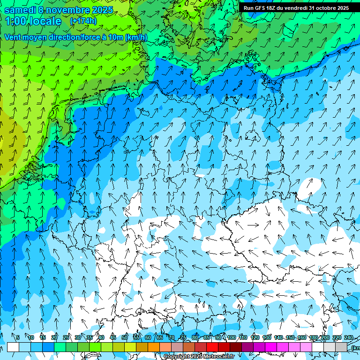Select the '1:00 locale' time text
[33, 21]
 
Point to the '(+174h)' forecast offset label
[82, 21]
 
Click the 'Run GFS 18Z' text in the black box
[259, 8]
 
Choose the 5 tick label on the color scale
[18, 337]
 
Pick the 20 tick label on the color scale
[54, 337]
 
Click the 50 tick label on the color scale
[125, 337]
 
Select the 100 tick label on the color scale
[231, 337]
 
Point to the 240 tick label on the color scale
[349, 337]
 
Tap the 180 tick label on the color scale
[314, 337]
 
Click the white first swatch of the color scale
[13, 347]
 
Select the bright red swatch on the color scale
[212, 347]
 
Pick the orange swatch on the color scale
[154, 347]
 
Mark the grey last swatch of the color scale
[341, 347]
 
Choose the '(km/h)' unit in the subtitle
[136, 37]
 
